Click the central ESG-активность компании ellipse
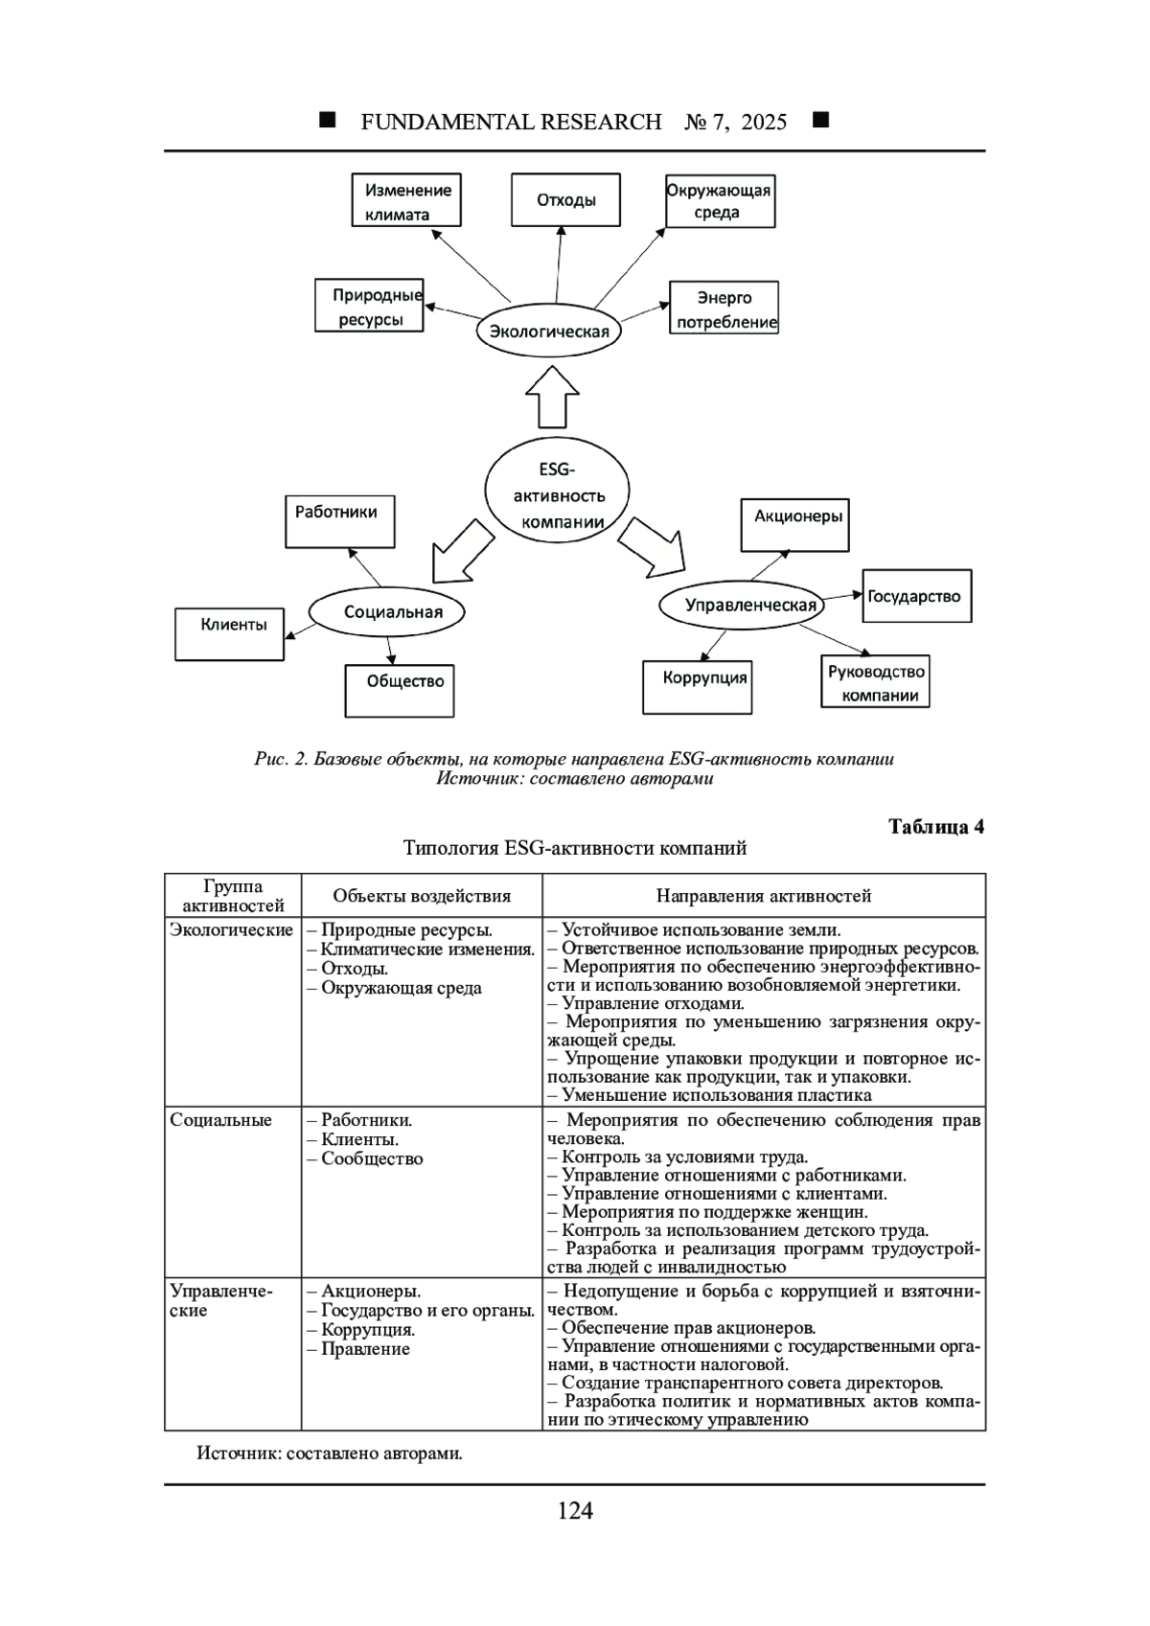point(558,494)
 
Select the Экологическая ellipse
point(549,332)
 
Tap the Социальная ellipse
point(386,611)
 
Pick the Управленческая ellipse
point(743,605)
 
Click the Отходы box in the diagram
point(565,200)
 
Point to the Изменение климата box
point(406,200)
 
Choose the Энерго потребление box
point(724,308)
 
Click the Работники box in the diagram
point(339,521)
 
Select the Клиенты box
point(230,634)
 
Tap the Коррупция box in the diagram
point(697,687)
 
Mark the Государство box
point(917,596)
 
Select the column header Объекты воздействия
point(422,896)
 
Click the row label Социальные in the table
point(221,1120)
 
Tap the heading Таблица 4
point(935,827)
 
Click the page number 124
point(575,1511)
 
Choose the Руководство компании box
point(875,682)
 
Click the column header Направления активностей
point(764,896)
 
